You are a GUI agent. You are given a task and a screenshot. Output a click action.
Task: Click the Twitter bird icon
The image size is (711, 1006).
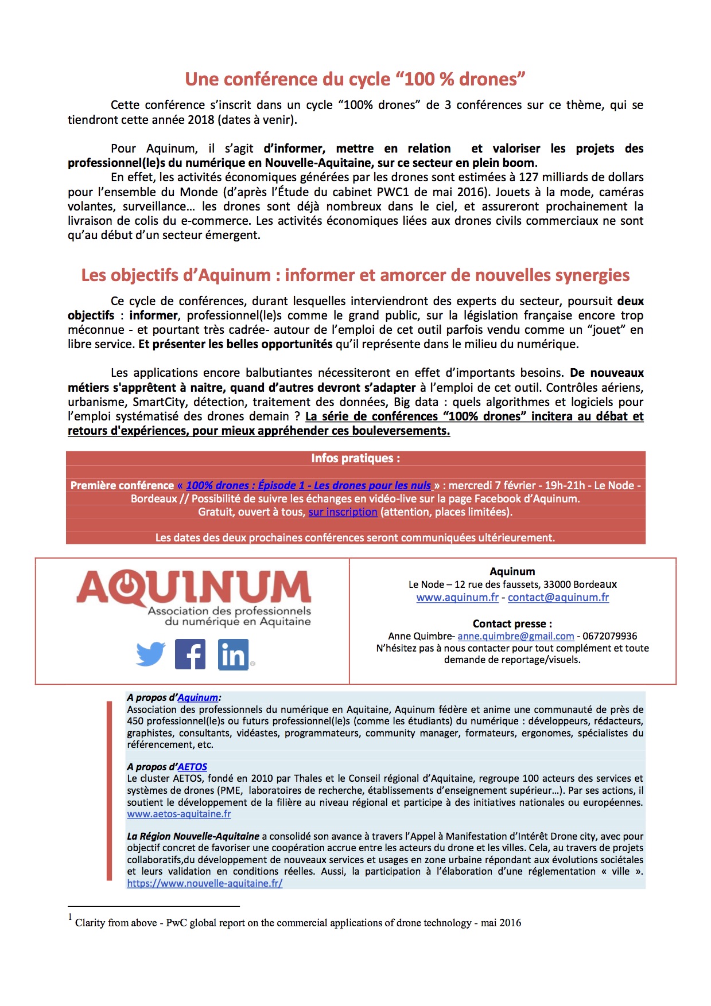pyautogui.click(x=151, y=654)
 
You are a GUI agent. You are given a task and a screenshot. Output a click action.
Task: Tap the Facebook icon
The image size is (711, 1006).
pyautogui.click(x=190, y=654)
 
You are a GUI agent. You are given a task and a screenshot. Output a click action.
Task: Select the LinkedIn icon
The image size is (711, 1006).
pyautogui.click(x=233, y=654)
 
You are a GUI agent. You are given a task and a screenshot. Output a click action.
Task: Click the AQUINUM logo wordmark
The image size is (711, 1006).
pyautogui.click(x=194, y=588)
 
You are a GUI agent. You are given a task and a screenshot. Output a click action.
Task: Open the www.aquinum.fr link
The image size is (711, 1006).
pyautogui.click(x=457, y=598)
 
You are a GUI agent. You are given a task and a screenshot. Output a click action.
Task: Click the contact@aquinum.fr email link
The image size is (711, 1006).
pyautogui.click(x=558, y=598)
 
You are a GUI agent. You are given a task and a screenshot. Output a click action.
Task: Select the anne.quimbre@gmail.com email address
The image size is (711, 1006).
pyautogui.click(x=515, y=636)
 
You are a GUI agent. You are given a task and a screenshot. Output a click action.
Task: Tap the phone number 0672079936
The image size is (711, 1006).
pyautogui.click(x=609, y=636)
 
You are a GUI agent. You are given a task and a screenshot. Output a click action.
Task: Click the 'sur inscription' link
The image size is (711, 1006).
pyautogui.click(x=343, y=512)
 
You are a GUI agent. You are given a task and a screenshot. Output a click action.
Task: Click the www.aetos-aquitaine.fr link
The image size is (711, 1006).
pyautogui.click(x=179, y=814)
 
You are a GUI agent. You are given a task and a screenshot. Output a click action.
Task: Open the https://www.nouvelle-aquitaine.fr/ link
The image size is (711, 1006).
pyautogui.click(x=205, y=883)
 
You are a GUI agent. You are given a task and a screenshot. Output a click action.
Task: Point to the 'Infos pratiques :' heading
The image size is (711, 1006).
pyautogui.click(x=355, y=458)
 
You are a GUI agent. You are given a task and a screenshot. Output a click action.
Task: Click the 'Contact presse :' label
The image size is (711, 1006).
pyautogui.click(x=512, y=623)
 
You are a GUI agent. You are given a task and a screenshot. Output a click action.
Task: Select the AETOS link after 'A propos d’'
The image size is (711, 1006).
pyautogui.click(x=192, y=767)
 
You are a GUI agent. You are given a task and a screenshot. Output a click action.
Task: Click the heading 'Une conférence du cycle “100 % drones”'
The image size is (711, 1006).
pyautogui.click(x=355, y=79)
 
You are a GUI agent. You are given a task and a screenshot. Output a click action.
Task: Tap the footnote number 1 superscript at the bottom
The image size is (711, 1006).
pyautogui.click(x=70, y=918)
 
